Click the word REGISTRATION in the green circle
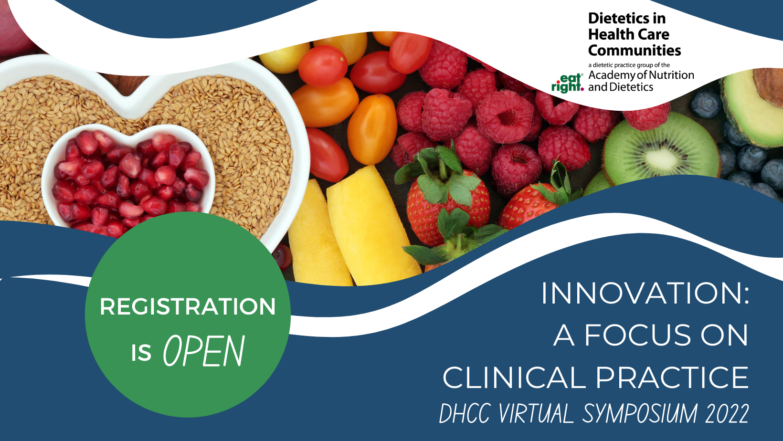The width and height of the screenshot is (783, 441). (188, 306)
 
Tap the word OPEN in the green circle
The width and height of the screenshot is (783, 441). (204, 350)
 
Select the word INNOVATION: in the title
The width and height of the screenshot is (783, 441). (645, 293)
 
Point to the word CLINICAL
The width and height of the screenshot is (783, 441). (514, 378)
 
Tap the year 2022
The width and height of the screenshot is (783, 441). (727, 413)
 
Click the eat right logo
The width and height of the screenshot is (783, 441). (568, 83)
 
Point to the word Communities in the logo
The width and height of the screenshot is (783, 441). (635, 50)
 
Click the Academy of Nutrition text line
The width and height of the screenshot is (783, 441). (641, 75)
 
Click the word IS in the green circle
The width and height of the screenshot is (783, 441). (141, 353)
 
